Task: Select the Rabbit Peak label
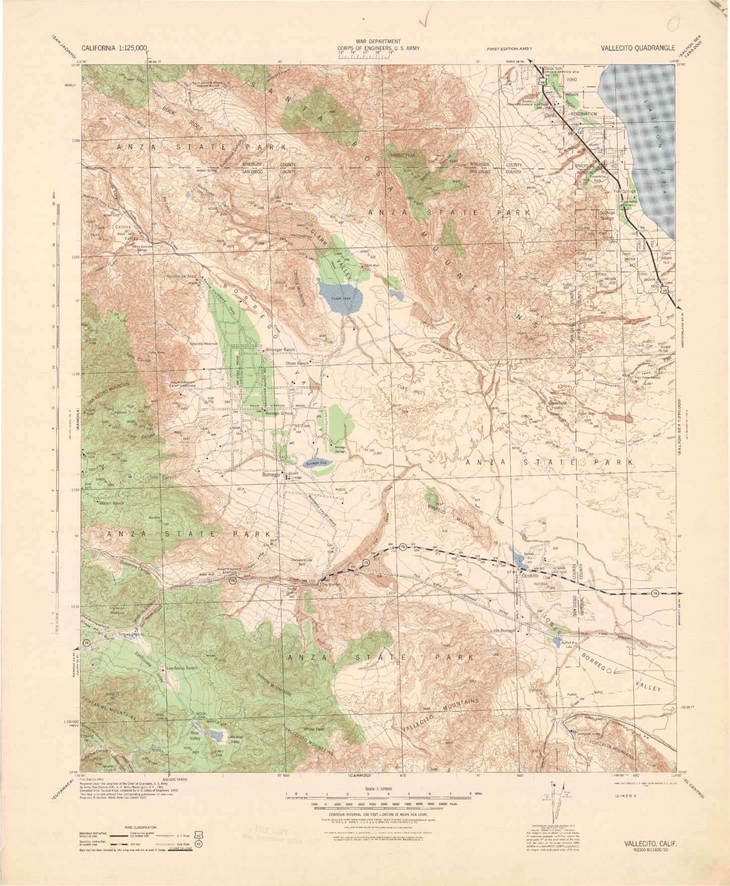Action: click(x=402, y=156)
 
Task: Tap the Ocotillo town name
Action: click(x=531, y=575)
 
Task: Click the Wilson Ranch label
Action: click(x=112, y=503)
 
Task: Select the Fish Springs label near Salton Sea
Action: click(x=624, y=192)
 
